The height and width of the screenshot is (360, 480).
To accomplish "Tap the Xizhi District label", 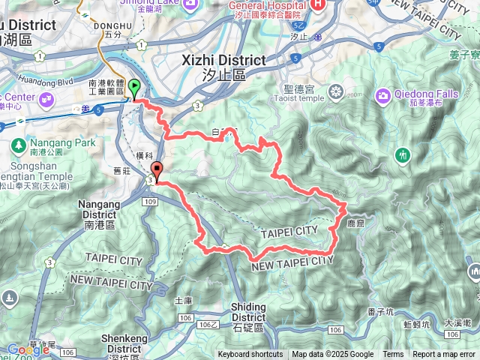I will point(224,61).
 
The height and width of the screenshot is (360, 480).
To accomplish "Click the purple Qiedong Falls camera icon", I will point(383,94).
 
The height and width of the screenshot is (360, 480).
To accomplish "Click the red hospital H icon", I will point(318,4).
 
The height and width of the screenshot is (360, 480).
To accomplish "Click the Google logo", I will point(28,349).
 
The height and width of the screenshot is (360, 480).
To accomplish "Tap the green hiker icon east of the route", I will point(403,155).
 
